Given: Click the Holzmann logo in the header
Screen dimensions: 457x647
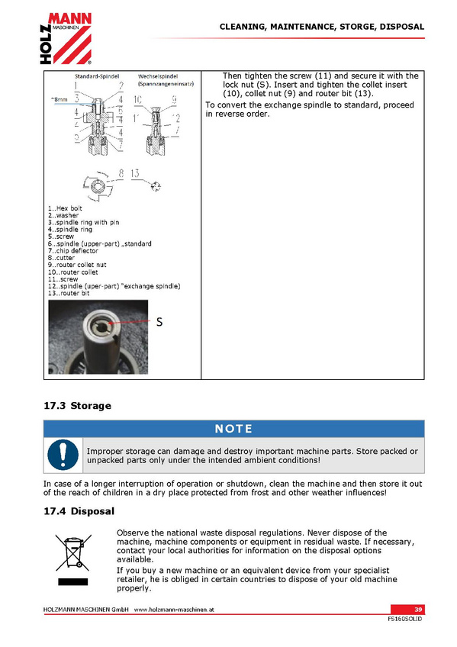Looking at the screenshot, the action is tap(66, 38).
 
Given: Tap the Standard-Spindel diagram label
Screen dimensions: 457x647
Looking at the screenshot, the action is tap(97, 76).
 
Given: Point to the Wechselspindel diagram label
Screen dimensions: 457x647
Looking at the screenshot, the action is tap(158, 76).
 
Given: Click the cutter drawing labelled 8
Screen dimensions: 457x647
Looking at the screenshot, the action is tap(97, 186).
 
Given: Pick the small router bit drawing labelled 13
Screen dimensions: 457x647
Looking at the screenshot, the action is tap(156, 186).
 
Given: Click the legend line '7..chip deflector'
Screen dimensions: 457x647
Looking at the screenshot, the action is tap(73, 251).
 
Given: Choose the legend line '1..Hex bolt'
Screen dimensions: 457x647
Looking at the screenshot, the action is tap(65, 208).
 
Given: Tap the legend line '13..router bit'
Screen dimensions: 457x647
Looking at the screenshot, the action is tap(69, 294).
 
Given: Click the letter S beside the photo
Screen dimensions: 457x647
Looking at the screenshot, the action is tap(159, 322).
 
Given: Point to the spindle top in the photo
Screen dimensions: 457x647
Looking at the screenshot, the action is tap(101, 327).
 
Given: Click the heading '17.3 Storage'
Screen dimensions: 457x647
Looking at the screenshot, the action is tap(78, 406).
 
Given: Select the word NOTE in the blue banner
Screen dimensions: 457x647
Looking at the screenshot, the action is tap(233, 429).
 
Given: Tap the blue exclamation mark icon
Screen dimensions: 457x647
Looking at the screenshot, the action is tap(63, 455).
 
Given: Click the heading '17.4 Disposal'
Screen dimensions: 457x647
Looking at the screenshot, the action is tap(79, 511).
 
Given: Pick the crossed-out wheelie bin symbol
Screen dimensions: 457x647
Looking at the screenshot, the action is tap(73, 553).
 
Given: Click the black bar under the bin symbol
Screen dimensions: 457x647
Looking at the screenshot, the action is tap(73, 582).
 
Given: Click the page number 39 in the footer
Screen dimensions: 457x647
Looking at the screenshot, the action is tap(418, 610).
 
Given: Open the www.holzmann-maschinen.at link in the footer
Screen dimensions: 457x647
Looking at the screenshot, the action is tap(174, 610).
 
